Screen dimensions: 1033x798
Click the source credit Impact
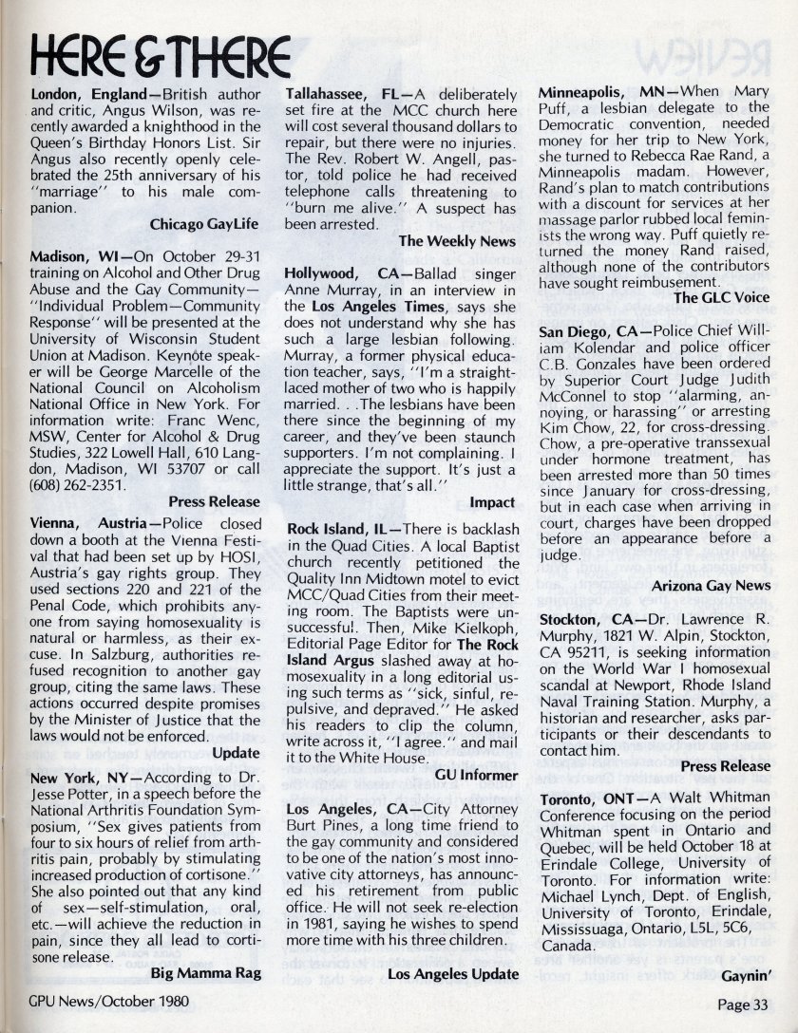[492, 502]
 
